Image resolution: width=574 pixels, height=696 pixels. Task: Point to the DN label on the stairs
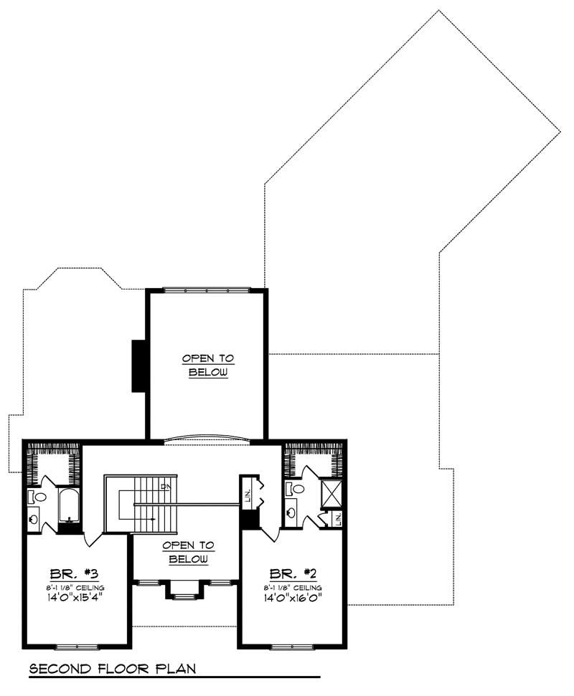[x=166, y=487]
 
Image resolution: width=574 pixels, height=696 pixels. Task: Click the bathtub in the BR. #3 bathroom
[x=70, y=505]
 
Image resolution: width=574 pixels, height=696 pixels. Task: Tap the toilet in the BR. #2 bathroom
[x=296, y=489]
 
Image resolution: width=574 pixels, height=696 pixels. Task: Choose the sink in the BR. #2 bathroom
[x=292, y=512]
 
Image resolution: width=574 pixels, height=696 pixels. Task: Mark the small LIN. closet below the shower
[x=337, y=518]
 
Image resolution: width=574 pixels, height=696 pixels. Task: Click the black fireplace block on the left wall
[x=138, y=366]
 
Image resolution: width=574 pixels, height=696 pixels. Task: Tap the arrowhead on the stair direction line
[x=154, y=518]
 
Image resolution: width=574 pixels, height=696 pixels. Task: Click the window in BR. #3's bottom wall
[x=77, y=647]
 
